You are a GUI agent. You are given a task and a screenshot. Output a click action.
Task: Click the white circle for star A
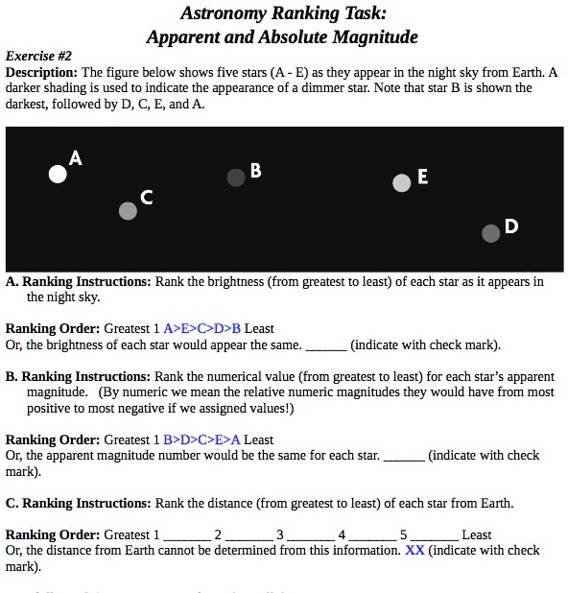59,174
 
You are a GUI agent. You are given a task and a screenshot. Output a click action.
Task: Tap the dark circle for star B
236,178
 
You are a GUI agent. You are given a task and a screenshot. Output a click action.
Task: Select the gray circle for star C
128,211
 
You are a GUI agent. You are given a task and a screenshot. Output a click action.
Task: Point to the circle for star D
491,232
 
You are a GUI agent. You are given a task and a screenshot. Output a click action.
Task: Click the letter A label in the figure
76,157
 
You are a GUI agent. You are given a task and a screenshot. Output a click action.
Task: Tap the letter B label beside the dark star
255,171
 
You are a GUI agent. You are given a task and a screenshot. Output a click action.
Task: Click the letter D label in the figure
510,226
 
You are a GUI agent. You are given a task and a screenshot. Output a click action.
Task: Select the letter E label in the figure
423,177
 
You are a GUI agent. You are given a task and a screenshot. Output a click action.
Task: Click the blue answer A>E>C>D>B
203,328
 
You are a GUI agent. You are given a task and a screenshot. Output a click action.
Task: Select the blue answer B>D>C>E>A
202,439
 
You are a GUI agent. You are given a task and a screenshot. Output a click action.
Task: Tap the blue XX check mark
414,551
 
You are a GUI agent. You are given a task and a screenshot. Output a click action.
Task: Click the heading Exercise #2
38,57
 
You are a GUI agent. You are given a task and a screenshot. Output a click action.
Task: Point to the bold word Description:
41,73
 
